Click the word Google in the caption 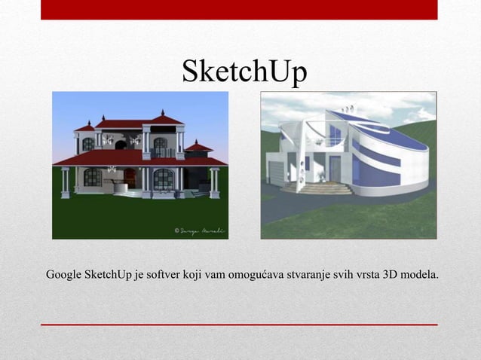pyautogui.click(x=64, y=273)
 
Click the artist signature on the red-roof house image pyautogui.click(x=198, y=230)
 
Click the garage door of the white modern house pyautogui.click(x=276, y=173)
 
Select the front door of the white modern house pyautogui.click(x=333, y=169)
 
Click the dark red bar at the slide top pyautogui.click(x=239, y=10)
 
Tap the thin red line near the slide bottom pyautogui.click(x=239, y=325)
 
